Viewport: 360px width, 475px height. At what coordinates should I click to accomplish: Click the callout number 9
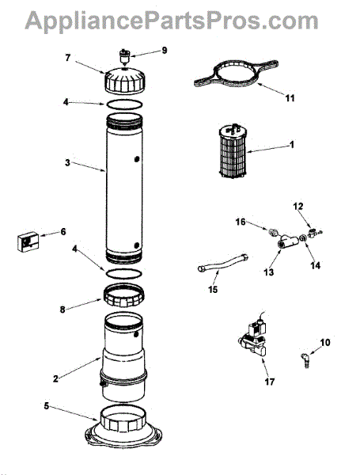(164, 50)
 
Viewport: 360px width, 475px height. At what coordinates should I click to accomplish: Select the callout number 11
(290, 98)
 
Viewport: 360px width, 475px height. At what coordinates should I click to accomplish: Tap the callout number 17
(270, 382)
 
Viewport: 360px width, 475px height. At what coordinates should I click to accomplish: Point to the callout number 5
(46, 405)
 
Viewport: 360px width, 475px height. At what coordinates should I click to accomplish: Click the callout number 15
(213, 290)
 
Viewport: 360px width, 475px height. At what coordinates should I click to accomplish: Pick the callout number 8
(63, 310)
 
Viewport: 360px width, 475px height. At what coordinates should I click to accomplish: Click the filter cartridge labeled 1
(233, 152)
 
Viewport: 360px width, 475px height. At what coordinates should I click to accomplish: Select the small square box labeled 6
(28, 241)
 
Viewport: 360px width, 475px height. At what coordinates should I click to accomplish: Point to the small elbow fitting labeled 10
(305, 360)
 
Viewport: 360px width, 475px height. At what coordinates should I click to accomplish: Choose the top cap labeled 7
(125, 82)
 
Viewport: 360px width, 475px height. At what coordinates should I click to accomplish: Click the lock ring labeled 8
(123, 295)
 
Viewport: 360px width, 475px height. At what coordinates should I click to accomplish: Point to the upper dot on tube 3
(137, 158)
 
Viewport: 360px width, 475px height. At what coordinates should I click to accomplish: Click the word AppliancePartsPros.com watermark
(172, 21)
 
